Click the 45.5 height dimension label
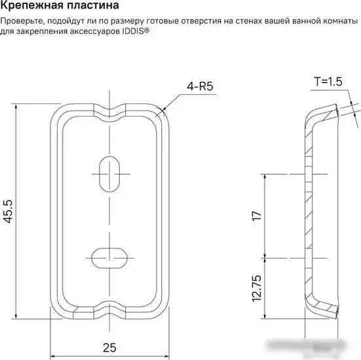[8, 211]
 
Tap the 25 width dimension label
[109, 348]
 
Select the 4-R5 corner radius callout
[200, 86]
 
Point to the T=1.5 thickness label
[328, 81]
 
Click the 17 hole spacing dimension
[257, 216]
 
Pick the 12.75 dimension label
[257, 288]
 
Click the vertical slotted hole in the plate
[109, 174]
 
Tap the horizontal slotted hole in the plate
[109, 258]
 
